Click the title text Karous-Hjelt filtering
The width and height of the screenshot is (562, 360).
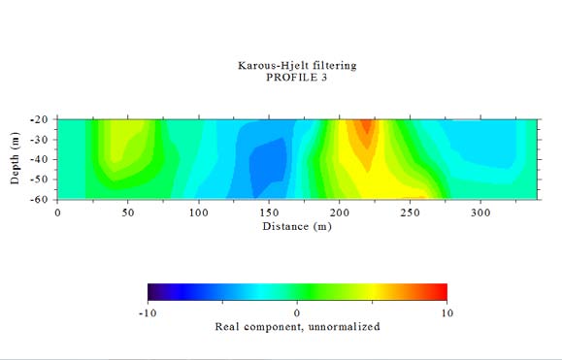[297, 66]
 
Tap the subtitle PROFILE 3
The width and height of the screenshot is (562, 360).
[297, 78]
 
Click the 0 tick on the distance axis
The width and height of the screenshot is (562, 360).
[57, 211]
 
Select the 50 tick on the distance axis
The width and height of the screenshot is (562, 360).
[128, 211]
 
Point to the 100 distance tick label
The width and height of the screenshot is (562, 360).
[199, 211]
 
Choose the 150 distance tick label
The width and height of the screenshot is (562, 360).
[270, 211]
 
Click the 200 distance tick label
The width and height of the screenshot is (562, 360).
[340, 211]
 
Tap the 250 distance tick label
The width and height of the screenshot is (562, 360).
[411, 211]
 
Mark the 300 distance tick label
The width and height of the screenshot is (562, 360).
[481, 211]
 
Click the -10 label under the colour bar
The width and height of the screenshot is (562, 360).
[148, 312]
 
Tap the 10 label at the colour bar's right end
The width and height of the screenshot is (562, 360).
[446, 312]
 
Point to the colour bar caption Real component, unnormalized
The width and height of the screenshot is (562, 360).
[297, 327]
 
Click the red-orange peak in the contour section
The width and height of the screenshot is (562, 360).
[366, 127]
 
